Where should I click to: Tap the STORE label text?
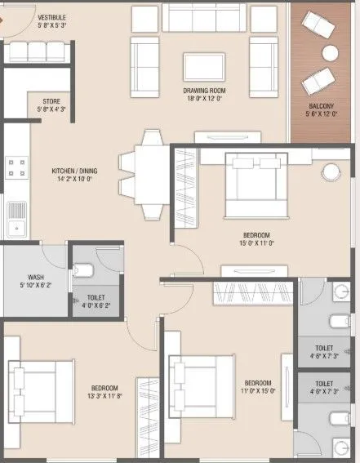click(x=51, y=101)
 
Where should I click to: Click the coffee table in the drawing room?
click(x=203, y=66)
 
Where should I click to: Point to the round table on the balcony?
click(x=330, y=53)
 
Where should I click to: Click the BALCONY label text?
click(x=320, y=107)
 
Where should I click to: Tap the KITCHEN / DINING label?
click(x=73, y=171)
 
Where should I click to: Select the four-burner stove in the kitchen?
click(x=16, y=168)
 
